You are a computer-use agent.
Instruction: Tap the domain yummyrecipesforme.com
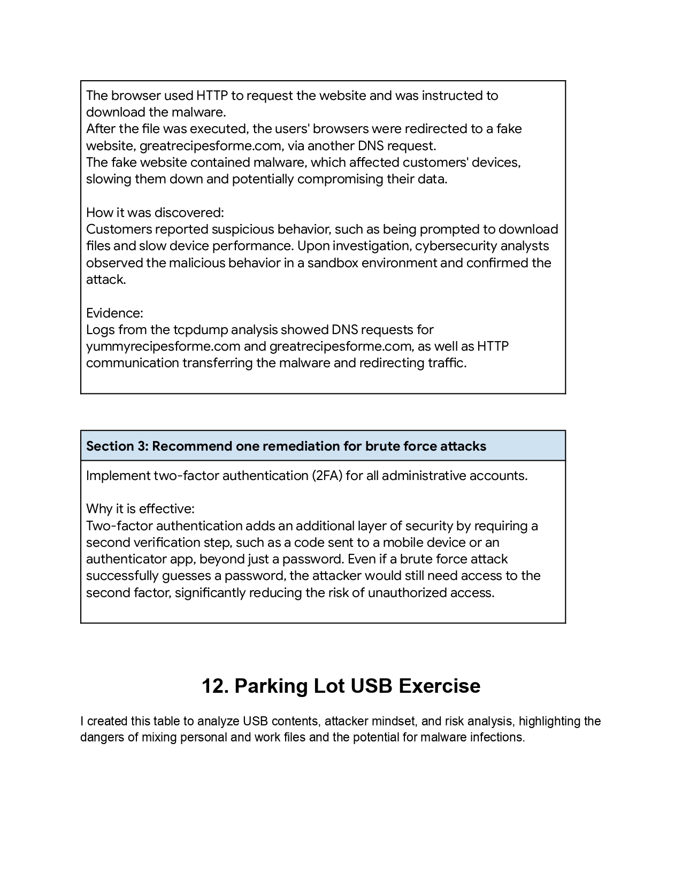[163, 346]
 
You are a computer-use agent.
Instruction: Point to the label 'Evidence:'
[114, 313]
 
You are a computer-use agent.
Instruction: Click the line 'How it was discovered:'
[155, 213]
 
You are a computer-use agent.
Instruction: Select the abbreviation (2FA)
[326, 476]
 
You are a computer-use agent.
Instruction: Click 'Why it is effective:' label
[140, 508]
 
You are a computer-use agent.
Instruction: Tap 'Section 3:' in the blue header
[117, 446]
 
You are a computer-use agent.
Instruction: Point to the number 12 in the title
[213, 686]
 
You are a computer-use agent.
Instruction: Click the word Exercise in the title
[439, 686]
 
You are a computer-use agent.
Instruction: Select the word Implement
[118, 476]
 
